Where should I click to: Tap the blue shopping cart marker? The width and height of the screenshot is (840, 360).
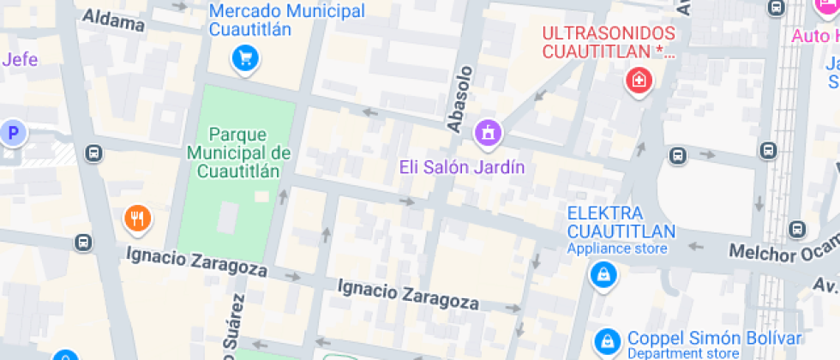pyautogui.click(x=246, y=58)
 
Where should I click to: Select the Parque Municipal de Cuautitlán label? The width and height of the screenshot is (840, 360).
pyautogui.click(x=238, y=152)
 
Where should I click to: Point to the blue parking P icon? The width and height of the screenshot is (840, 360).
pyautogui.click(x=13, y=132)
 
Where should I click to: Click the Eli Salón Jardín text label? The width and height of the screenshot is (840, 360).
pyautogui.click(x=461, y=166)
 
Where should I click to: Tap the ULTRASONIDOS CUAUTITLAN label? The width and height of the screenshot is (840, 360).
pyautogui.click(x=609, y=42)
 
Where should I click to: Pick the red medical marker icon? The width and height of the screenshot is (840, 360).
pyautogui.click(x=639, y=81)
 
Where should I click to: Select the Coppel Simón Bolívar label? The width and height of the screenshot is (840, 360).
pyautogui.click(x=714, y=338)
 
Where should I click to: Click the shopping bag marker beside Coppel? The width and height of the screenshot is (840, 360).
pyautogui.click(x=608, y=341)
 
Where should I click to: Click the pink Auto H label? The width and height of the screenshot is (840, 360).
pyautogui.click(x=814, y=36)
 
